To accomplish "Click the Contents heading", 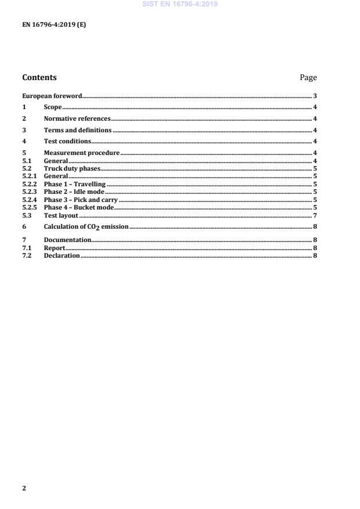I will pyautogui.click(x=39, y=77).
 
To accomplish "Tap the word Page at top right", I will pyautogui.click(x=308, y=77).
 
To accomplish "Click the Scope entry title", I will pyautogui.click(x=53, y=107).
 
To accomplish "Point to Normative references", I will pyautogui.click(x=77, y=118).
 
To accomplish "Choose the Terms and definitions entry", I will pyautogui.click(x=78, y=130).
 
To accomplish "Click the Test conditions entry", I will pyautogui.click(x=67, y=141).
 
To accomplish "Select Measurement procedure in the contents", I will pyautogui.click(x=82, y=153).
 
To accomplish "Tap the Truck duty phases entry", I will pyautogui.click(x=72, y=168).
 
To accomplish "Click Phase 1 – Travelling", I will pyautogui.click(x=75, y=184).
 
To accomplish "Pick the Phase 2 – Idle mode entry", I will pyautogui.click(x=74, y=192).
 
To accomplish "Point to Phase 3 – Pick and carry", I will pyautogui.click(x=81, y=200).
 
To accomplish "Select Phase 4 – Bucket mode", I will pyautogui.click(x=79, y=207).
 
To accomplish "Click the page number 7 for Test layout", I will pyautogui.click(x=315, y=215).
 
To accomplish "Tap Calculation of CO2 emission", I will pyautogui.click(x=86, y=227).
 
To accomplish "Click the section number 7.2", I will pyautogui.click(x=26, y=256).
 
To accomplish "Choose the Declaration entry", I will pyautogui.click(x=62, y=256).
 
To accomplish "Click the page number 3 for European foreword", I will pyautogui.click(x=315, y=96).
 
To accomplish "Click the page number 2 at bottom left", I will pyautogui.click(x=24, y=488).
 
